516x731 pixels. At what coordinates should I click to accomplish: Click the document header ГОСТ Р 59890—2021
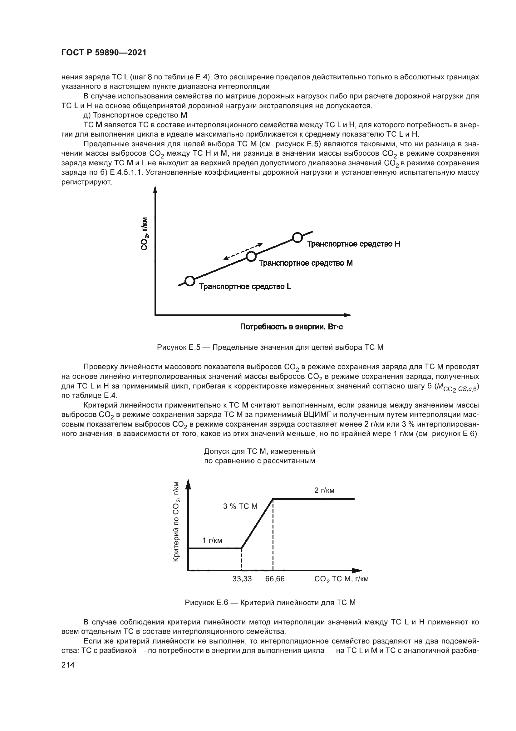(104, 53)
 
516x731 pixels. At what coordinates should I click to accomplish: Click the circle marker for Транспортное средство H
(297, 237)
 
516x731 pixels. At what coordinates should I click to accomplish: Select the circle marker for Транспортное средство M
(251, 256)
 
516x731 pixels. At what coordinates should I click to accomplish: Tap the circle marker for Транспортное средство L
(190, 281)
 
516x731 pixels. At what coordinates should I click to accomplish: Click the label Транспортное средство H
(353, 244)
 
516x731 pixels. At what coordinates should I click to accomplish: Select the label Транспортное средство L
(245, 287)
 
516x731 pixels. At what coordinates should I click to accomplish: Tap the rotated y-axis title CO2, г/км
(144, 234)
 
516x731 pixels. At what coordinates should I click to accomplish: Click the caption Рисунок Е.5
(270, 347)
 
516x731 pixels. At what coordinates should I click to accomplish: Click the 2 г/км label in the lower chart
(324, 491)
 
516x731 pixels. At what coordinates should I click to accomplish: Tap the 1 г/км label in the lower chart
(212, 540)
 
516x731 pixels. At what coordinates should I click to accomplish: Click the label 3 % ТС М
(240, 506)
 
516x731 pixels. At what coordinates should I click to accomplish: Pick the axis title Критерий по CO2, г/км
(176, 522)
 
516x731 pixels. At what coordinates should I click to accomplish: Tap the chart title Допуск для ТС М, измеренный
(259, 452)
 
